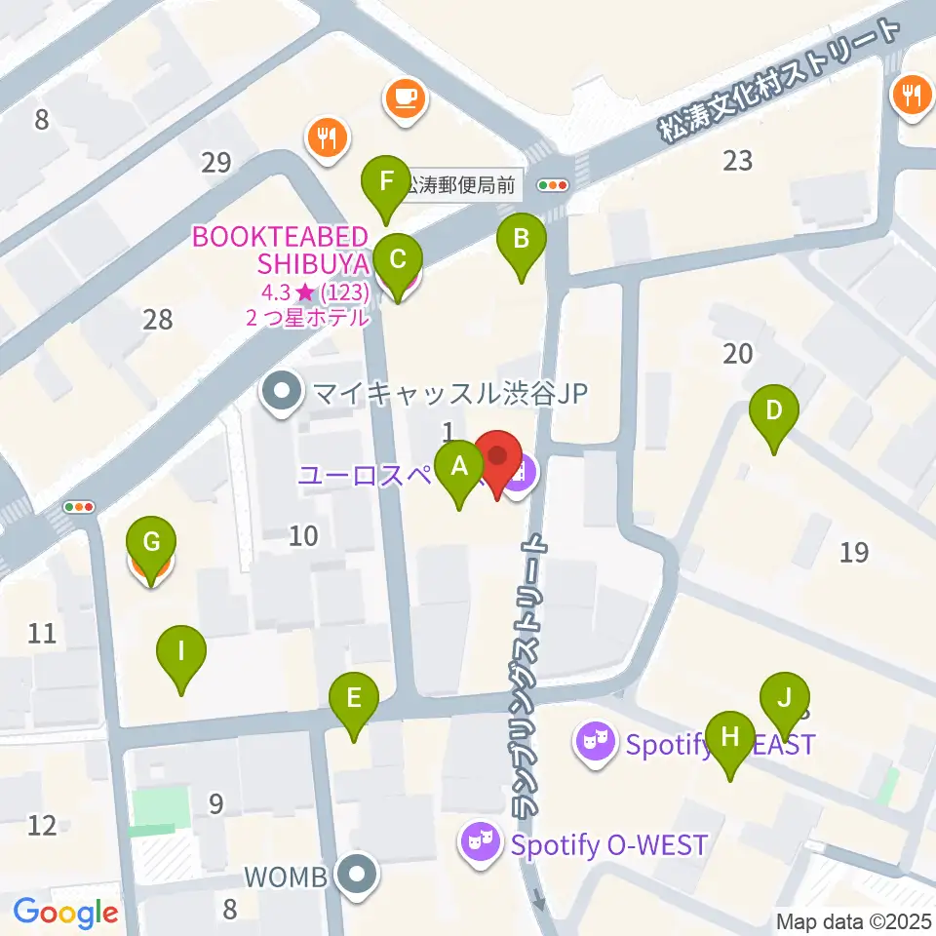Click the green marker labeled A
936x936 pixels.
click(x=459, y=467)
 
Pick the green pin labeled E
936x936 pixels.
click(x=353, y=699)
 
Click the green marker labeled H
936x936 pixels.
click(x=730, y=738)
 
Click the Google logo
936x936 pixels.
click(x=65, y=913)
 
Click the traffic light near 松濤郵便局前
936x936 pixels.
click(x=553, y=184)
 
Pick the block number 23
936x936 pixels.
click(x=738, y=160)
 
